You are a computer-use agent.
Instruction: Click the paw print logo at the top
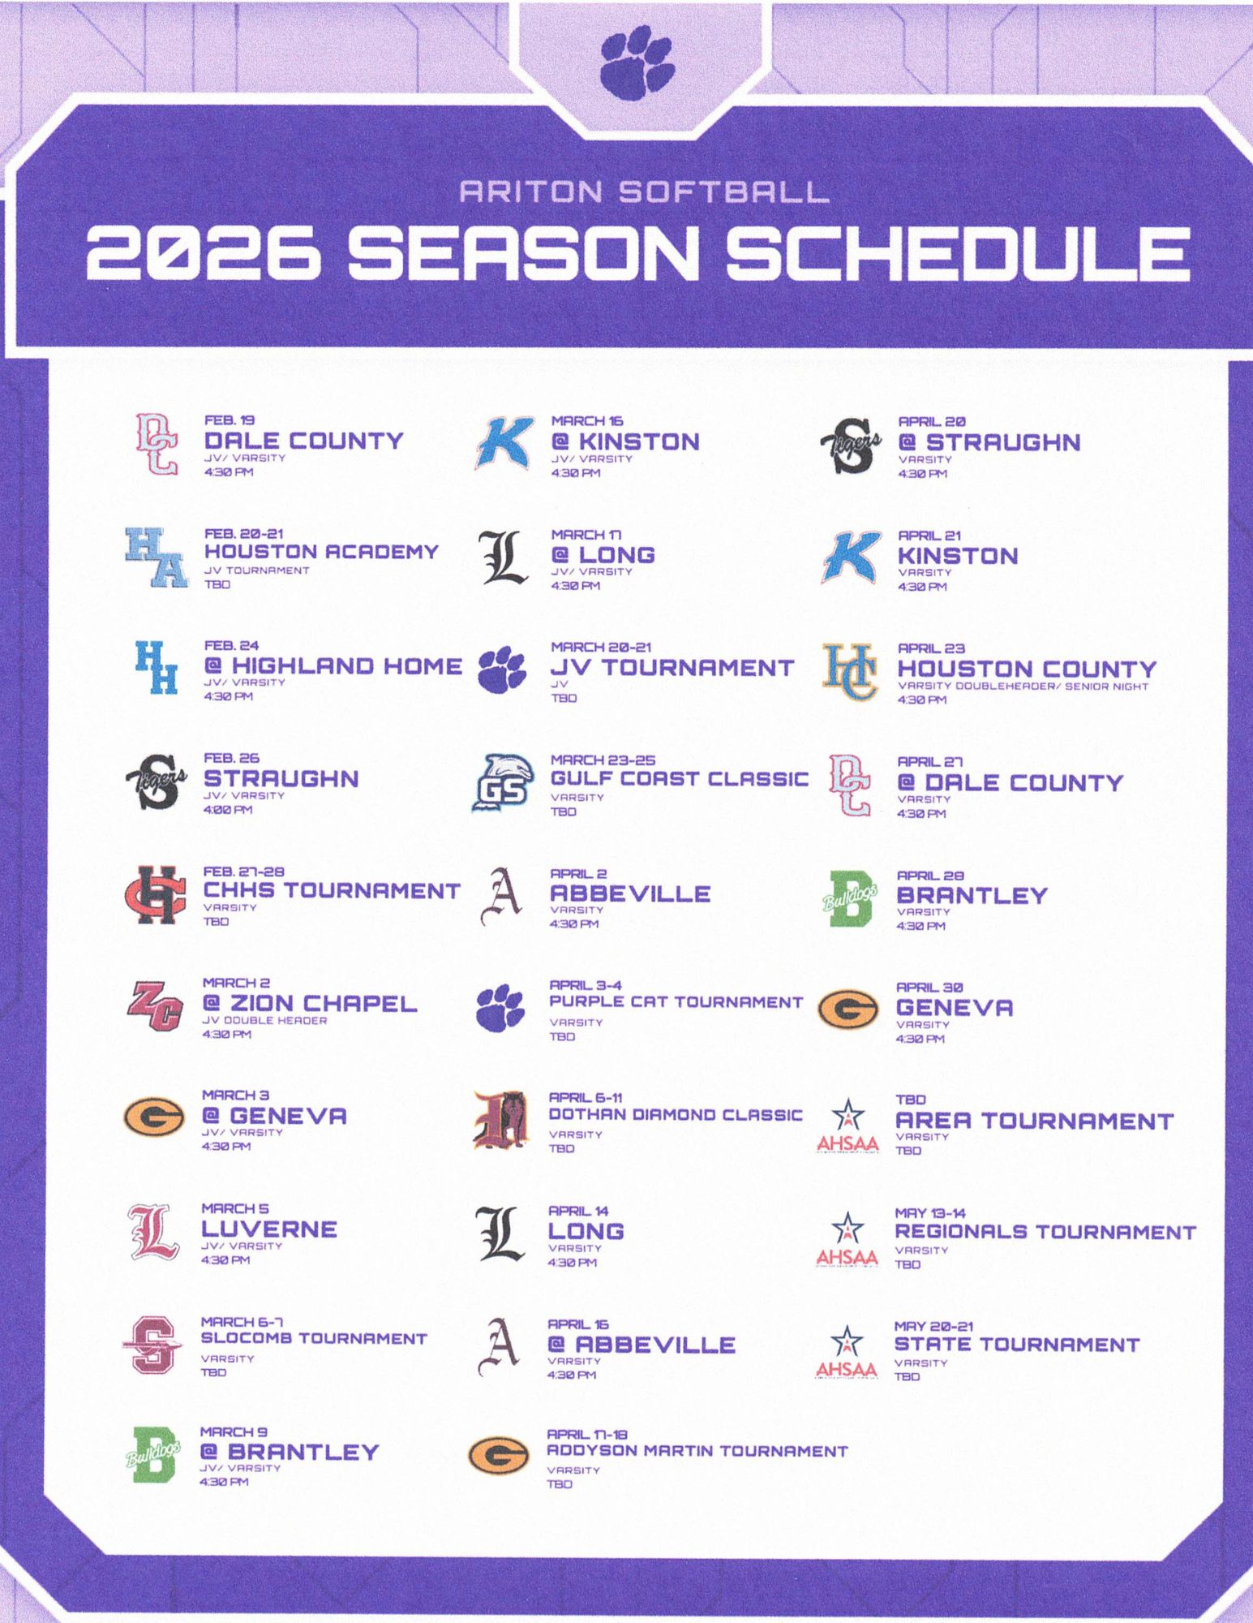click(637, 62)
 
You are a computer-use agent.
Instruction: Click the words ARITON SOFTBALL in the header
click(643, 192)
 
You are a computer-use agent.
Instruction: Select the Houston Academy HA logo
click(157, 557)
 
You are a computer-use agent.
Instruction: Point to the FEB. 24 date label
click(231, 646)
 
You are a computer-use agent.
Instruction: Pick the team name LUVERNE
click(269, 1229)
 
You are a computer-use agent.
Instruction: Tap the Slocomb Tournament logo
click(154, 1345)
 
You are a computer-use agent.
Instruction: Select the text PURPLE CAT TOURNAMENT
click(676, 1002)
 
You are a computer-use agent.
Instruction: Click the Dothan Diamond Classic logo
click(501, 1121)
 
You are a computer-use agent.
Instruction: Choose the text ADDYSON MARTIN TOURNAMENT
click(697, 1451)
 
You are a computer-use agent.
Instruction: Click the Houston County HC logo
click(850, 671)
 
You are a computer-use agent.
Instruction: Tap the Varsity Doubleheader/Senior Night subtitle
click(1023, 687)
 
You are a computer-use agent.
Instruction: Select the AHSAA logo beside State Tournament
click(847, 1351)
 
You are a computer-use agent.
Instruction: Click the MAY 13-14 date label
click(929, 1213)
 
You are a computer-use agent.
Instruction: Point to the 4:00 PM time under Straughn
click(228, 810)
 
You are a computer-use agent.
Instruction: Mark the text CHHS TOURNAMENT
click(331, 891)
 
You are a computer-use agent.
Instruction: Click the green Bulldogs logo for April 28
click(850, 898)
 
